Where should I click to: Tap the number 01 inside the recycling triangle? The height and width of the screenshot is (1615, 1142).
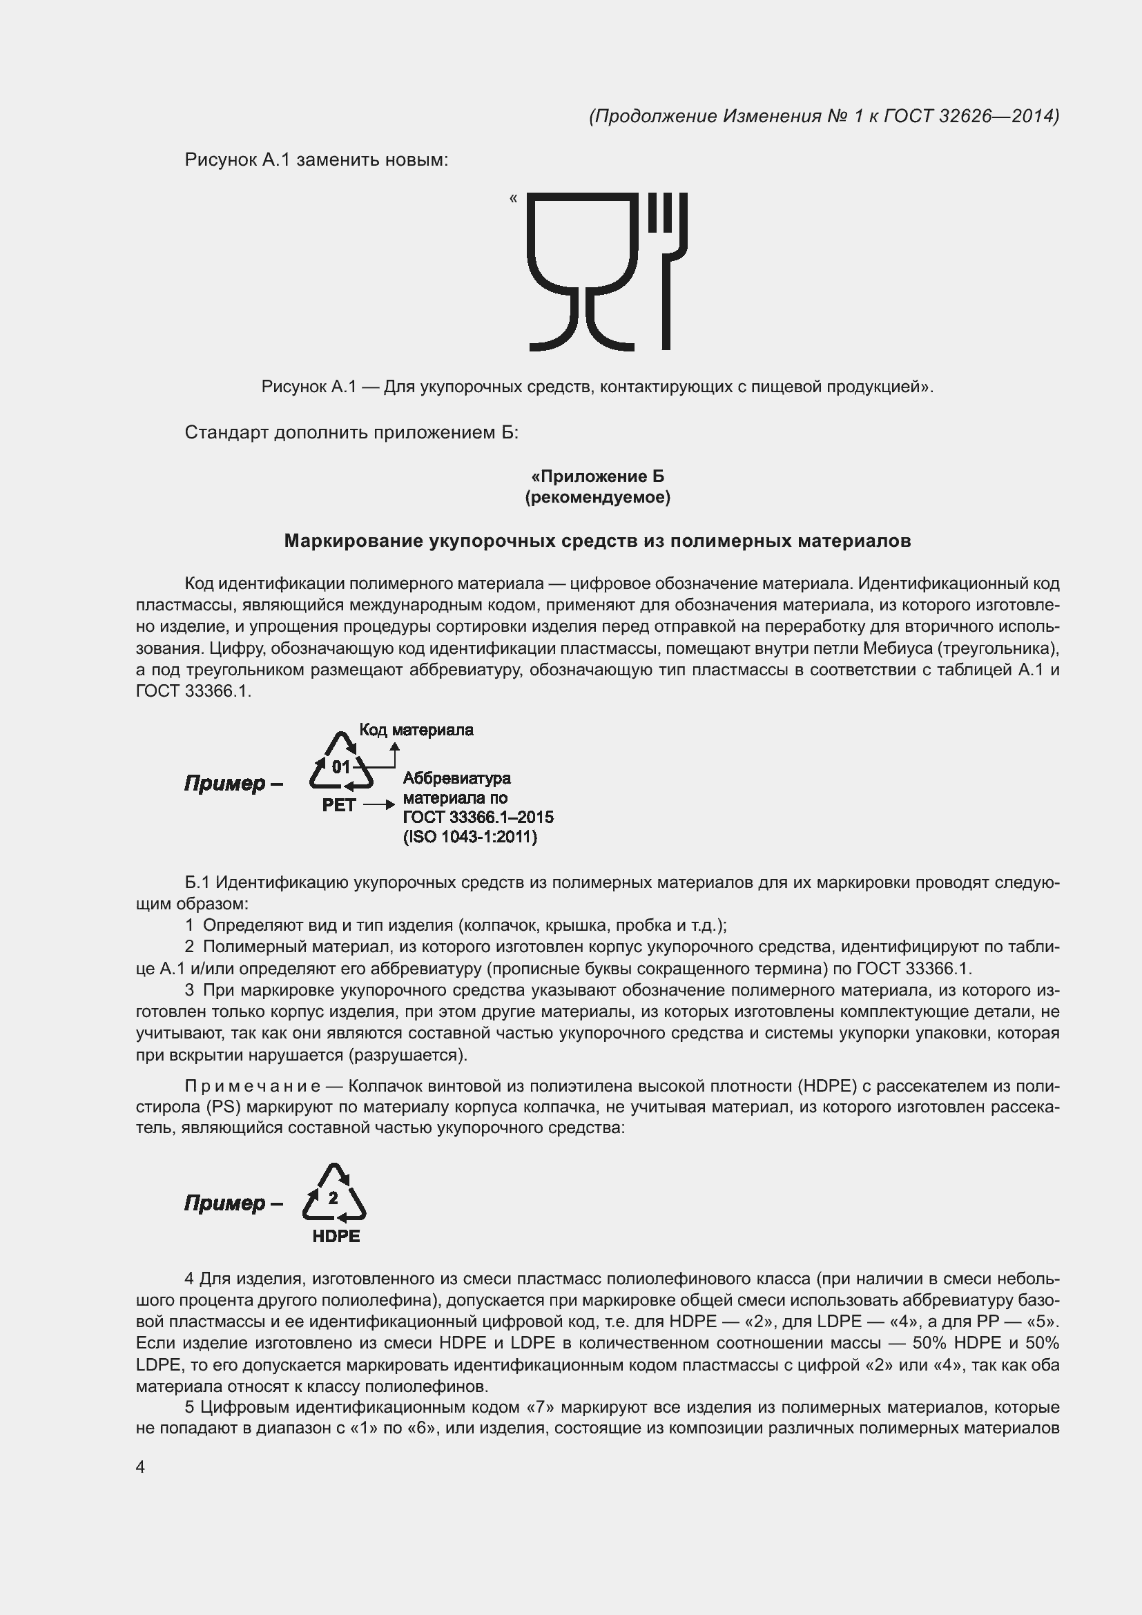click(341, 766)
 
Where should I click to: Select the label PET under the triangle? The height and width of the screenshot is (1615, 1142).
click(339, 805)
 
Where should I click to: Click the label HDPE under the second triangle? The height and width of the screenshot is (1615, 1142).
click(336, 1236)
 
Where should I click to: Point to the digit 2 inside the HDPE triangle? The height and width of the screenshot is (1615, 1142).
click(333, 1197)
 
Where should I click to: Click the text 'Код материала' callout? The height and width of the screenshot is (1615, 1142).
click(416, 730)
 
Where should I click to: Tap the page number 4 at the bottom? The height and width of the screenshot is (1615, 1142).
click(141, 1467)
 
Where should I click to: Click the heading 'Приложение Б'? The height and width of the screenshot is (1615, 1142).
click(598, 476)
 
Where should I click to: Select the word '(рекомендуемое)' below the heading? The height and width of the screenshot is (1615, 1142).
click(598, 498)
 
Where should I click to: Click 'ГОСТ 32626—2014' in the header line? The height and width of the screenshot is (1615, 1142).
click(969, 116)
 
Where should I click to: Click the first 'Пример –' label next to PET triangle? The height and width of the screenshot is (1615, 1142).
click(233, 784)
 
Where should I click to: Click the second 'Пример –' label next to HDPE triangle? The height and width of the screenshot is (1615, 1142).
click(233, 1203)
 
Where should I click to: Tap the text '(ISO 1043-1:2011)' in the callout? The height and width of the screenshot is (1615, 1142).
click(470, 837)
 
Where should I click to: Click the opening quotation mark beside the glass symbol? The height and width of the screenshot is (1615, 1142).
click(513, 198)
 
